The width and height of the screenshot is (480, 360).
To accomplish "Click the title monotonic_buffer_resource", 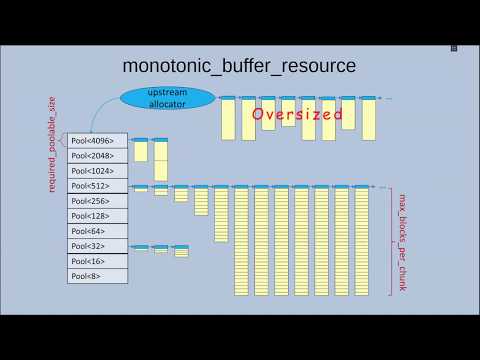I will pos(238,66).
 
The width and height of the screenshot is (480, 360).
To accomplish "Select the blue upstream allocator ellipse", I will pos(168,97).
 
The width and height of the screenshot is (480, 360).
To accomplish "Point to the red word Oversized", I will pos(297,114).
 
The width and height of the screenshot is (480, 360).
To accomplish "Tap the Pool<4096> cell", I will pos(97,141).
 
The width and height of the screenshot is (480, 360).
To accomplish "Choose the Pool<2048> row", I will pos(97,156).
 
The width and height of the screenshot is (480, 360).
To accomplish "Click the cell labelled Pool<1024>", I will pos(97,171).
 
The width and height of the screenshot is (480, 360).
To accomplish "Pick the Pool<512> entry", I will pos(97,186).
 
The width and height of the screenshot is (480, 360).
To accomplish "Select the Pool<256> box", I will pos(97,201).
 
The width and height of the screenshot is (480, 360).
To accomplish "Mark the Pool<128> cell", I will pos(97,216).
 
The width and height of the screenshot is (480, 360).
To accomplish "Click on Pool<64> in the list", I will pos(97,231).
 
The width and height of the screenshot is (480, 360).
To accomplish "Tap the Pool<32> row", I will pos(97,246).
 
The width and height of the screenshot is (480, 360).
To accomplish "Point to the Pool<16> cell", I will pos(97,261).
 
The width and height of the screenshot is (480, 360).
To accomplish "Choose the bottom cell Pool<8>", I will pos(97,276).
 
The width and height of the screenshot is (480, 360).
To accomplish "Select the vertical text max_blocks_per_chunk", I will pos(405,240).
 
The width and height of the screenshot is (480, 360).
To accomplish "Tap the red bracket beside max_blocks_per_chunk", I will pos(390,240).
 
